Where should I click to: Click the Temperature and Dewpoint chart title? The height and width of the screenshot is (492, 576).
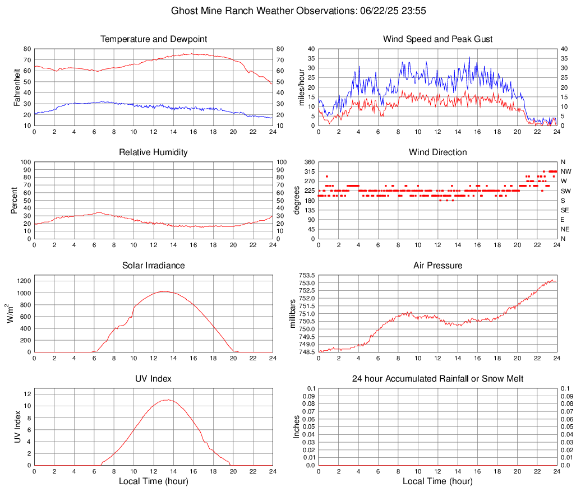coord(154,39)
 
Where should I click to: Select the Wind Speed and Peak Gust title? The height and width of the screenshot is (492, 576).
coord(437,39)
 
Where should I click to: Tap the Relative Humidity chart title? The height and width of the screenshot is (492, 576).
coord(154,152)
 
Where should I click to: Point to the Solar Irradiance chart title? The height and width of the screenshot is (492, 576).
coord(154,266)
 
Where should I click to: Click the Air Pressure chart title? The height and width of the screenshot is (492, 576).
coord(437,266)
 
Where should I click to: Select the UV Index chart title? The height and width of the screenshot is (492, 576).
coord(154,379)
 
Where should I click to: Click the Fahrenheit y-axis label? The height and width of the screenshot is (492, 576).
coord(17,87)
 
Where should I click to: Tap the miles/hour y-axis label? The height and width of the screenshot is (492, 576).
coord(302,87)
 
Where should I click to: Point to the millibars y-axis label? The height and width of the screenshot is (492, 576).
coord(292,314)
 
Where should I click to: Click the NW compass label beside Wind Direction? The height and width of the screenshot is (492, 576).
coord(565,171)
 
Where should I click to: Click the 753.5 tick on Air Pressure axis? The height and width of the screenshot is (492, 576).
coord(306,275)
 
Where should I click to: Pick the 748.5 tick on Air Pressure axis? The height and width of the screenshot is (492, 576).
coord(306,352)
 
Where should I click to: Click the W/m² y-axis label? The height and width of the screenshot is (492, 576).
coord(11,314)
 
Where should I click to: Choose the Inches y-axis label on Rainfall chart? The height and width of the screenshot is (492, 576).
coord(297,427)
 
